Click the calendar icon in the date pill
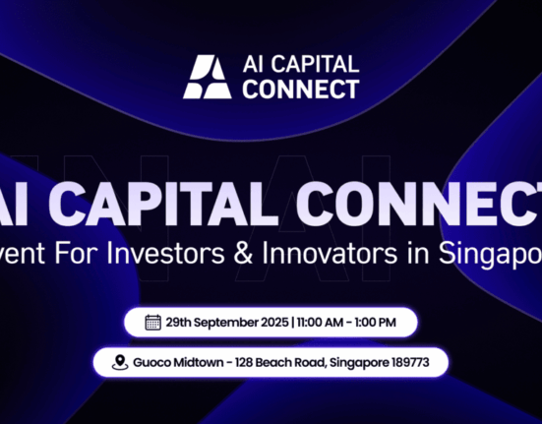coord(152,322)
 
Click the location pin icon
coord(119,362)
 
